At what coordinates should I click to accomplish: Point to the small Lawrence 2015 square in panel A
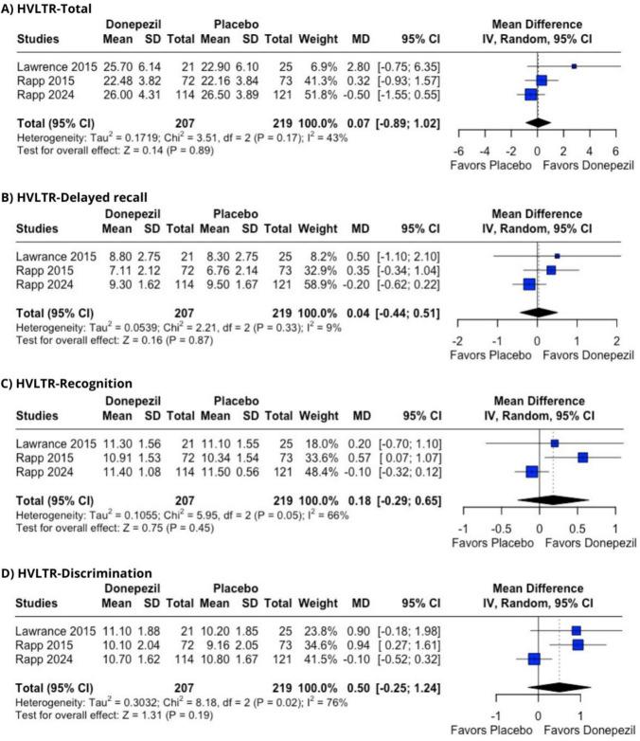pyautogui.click(x=574, y=66)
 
